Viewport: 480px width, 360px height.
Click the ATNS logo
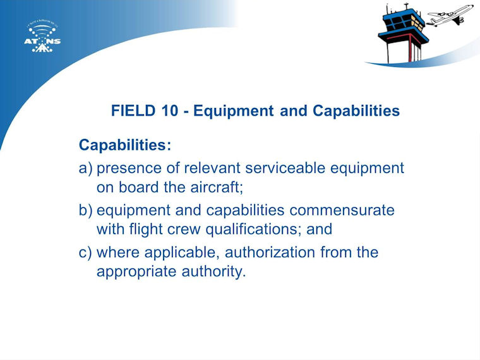tap(42, 37)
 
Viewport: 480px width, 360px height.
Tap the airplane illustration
tap(450, 15)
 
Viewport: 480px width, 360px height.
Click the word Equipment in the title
tap(233, 111)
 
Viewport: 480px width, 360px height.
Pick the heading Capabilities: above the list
tap(125, 145)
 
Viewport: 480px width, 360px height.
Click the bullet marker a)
tap(85, 169)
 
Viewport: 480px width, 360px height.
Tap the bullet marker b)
tap(85, 210)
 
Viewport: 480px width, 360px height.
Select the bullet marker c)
tap(85, 253)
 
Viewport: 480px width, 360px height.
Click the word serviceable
tap(285, 168)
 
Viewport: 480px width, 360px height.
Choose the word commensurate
tap(342, 210)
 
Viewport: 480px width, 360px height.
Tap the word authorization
tap(270, 253)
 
